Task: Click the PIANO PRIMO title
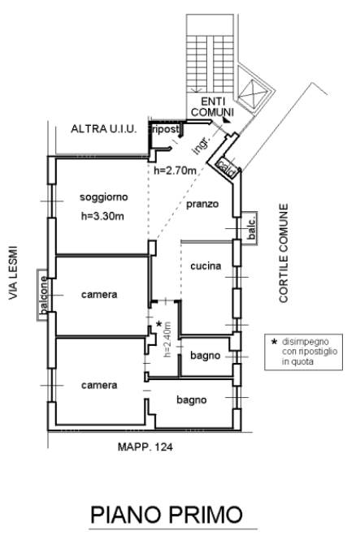[167, 515]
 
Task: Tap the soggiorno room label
[104, 197]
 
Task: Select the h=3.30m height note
[102, 216]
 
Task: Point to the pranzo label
[202, 204]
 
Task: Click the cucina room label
[206, 266]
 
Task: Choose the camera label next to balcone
[99, 295]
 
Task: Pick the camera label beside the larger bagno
[99, 385]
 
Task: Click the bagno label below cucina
[205, 356]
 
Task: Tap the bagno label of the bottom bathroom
[192, 400]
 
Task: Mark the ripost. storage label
[165, 129]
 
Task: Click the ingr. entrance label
[202, 145]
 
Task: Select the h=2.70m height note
[175, 171]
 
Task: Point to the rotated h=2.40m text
[167, 339]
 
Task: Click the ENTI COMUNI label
[212, 107]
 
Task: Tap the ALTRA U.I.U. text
[103, 129]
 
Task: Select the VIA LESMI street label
[13, 273]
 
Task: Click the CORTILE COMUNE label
[284, 253]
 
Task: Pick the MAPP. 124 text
[145, 447]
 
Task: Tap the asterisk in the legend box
[274, 342]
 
